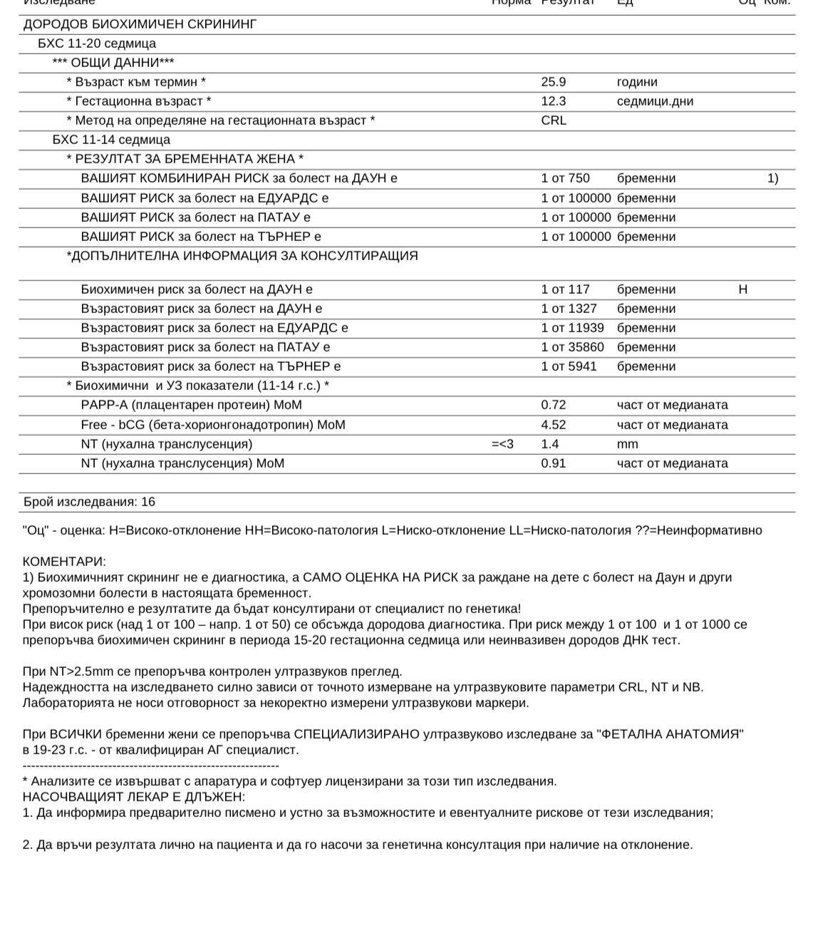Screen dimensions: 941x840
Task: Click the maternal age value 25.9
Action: [x=554, y=82]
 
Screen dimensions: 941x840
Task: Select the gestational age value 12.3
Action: [x=554, y=101]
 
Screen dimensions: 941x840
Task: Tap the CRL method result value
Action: [x=554, y=120]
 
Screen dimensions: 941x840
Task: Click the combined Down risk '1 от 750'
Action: [x=565, y=178]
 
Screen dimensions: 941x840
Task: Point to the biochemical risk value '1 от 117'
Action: [x=565, y=289]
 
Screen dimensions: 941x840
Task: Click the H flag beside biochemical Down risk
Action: [x=743, y=289]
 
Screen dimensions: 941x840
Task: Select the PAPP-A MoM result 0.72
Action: [x=554, y=405]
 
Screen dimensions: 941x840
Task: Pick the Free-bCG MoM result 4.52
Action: [x=554, y=425]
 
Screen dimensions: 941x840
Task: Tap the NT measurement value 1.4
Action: [x=550, y=444]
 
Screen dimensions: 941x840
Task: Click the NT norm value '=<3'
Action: [x=502, y=444]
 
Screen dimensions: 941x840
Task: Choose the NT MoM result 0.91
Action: [x=554, y=463]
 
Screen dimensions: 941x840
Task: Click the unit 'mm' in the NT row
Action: [x=628, y=444]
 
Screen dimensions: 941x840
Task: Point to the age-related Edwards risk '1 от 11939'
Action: [x=572, y=328]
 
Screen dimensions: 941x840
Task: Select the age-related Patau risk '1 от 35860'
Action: [x=572, y=347]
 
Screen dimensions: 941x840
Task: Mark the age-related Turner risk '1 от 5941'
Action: [x=569, y=366]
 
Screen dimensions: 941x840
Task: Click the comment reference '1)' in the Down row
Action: [x=772, y=178]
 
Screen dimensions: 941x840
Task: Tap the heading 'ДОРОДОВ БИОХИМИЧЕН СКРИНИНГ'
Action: [x=140, y=24]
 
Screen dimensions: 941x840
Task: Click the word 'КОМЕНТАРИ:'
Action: [x=64, y=562]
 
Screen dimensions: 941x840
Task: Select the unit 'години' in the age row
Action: [x=637, y=82]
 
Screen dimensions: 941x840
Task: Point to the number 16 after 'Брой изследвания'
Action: [x=148, y=502]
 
